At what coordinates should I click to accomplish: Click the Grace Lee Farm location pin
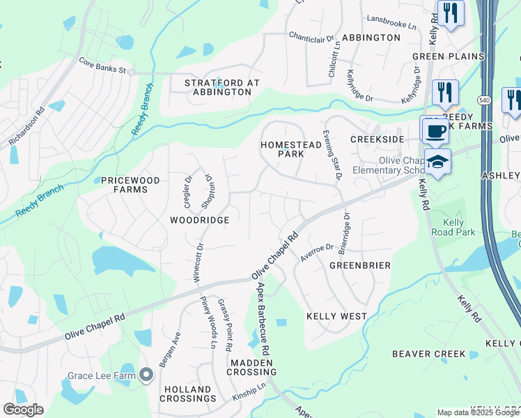tap(146, 376)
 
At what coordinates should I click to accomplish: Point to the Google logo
tap(23, 410)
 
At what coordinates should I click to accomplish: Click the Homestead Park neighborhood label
tap(283, 149)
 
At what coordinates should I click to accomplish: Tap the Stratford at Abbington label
tap(221, 87)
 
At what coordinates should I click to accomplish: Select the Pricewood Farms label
tap(130, 185)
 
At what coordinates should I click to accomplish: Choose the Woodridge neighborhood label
tap(199, 219)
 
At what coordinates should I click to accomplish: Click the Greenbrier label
tap(359, 265)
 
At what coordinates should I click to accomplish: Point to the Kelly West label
tap(336, 316)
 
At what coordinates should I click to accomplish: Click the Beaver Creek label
tap(428, 354)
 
